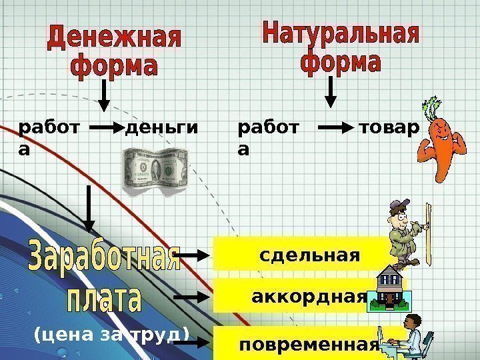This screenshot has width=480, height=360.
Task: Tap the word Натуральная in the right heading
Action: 341,34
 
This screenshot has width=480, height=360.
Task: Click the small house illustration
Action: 389,288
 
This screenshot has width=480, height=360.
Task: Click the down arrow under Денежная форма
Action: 103,97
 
